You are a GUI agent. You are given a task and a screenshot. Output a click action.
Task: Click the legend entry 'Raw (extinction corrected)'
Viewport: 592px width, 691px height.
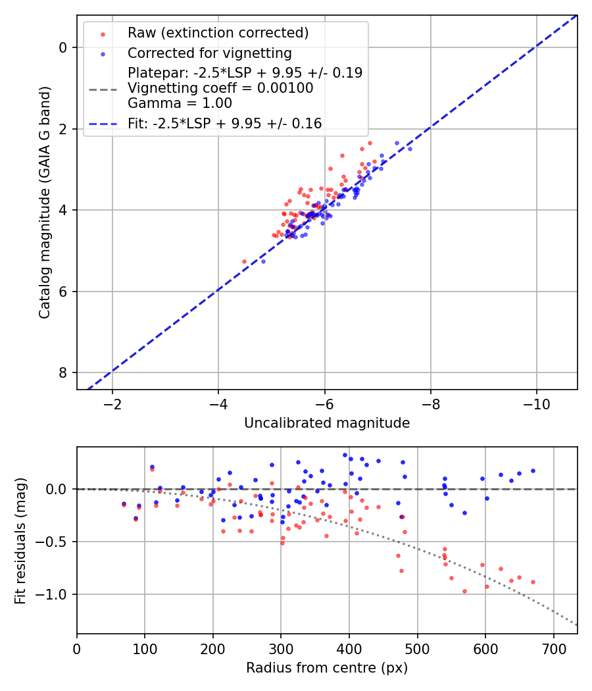[x=218, y=33]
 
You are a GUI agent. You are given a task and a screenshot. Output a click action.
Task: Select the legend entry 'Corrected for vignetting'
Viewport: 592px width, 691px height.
[x=210, y=53]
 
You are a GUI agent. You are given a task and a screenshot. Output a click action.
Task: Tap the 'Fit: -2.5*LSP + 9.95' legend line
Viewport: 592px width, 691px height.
[x=224, y=123]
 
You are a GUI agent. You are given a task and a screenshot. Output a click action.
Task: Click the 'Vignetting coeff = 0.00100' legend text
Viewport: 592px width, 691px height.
[x=220, y=88]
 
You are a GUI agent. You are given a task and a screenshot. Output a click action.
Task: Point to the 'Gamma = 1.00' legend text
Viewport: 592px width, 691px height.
[x=180, y=103]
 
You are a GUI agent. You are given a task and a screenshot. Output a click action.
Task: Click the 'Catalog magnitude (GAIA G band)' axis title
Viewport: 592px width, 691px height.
[x=45, y=202]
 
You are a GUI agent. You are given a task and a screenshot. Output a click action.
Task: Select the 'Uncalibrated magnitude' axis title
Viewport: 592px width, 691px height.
[x=327, y=423]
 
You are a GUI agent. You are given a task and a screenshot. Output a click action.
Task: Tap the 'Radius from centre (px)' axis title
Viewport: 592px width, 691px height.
[x=327, y=668]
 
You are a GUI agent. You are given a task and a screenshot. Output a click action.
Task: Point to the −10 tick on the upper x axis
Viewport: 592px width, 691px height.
[x=536, y=401]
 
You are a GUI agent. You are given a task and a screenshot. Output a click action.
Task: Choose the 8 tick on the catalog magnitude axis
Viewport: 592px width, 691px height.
[x=64, y=372]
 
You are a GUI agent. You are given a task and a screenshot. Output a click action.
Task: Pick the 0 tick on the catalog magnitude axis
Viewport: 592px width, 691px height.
[x=64, y=47]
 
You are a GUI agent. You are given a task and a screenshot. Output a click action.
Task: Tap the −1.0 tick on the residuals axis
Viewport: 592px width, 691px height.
[x=55, y=594]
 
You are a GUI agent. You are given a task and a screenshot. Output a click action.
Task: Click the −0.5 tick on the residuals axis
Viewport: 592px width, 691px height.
[x=55, y=542]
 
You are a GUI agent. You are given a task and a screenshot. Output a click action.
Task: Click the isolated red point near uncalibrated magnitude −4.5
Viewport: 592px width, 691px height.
[x=244, y=261]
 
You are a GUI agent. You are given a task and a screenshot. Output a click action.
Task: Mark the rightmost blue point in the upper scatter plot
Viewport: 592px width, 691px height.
[x=410, y=149]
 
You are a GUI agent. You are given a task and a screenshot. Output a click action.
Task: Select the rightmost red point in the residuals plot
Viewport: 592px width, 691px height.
[x=533, y=582]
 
